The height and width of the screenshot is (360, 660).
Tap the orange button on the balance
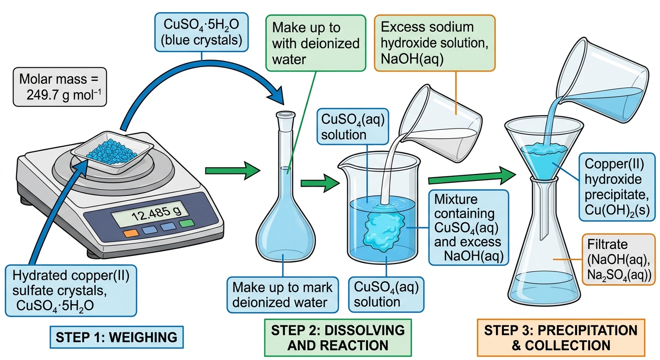click(x=131, y=233)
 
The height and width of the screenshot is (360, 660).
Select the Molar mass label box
click(x=60, y=87)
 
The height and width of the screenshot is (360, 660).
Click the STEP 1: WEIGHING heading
click(x=117, y=337)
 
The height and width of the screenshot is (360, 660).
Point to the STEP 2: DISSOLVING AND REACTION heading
click(x=338, y=337)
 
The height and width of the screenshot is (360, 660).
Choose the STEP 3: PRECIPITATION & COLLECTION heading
click(x=561, y=337)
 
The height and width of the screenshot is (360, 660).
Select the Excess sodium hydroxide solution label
click(x=435, y=43)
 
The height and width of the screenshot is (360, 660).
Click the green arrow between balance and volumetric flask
click(x=232, y=171)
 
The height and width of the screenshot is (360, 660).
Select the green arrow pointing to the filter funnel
click(x=472, y=177)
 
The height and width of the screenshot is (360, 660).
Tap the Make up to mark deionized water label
click(x=283, y=294)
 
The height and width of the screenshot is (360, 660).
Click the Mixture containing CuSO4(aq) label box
click(x=468, y=228)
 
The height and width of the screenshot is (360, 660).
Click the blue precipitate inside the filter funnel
click(x=544, y=159)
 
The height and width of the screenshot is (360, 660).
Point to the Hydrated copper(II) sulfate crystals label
click(x=71, y=291)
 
